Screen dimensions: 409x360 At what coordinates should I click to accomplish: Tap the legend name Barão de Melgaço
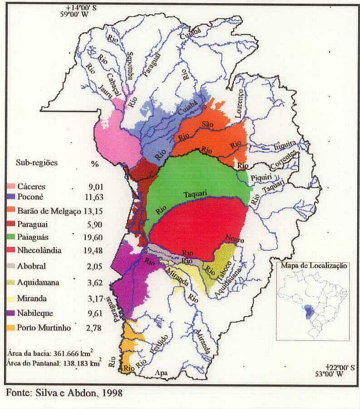coord(49,211)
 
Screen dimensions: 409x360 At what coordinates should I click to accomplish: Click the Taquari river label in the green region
coord(195,194)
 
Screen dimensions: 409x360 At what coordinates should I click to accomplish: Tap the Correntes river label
coord(285,160)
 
